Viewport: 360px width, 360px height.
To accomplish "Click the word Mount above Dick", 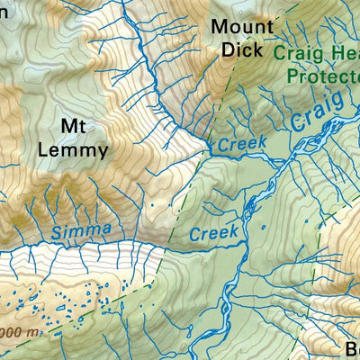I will click(238, 26).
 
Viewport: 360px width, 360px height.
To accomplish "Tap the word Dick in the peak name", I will click(238, 49).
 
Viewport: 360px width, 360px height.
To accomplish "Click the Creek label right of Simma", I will click(213, 233).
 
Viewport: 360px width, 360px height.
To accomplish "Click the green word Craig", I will click(297, 54).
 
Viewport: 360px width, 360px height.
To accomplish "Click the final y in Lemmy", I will click(102, 151).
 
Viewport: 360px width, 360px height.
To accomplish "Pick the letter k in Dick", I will click(257, 49).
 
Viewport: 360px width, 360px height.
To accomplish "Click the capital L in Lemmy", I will click(44, 148).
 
